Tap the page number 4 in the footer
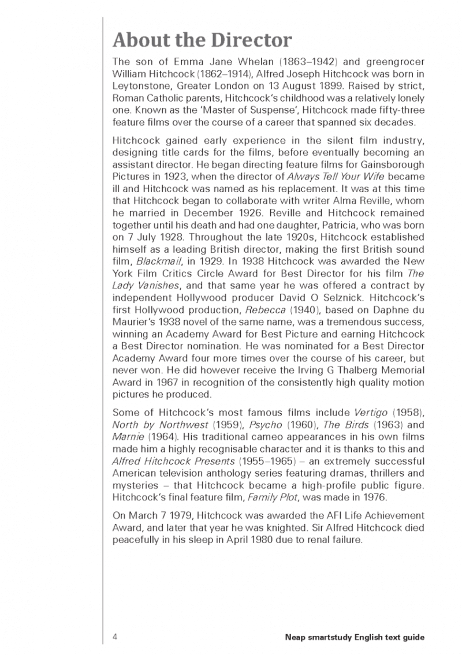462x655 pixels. pos(115,637)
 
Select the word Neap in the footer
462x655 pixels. pos(297,637)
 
